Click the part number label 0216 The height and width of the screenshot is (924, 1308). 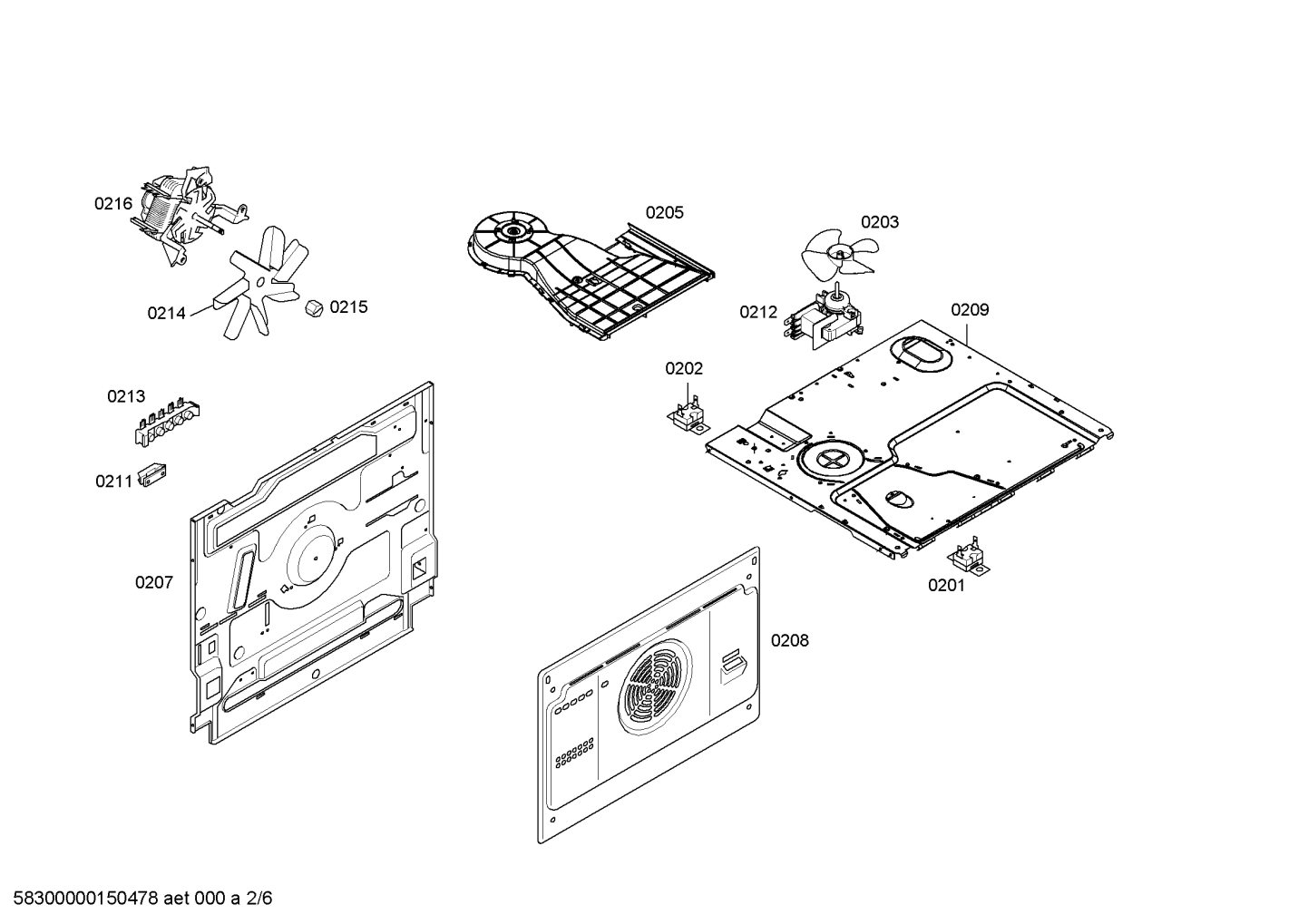pos(113,204)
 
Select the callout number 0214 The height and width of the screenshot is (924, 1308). pos(166,314)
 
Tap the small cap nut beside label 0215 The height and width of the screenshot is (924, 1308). pos(314,308)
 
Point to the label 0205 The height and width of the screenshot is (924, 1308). pos(664,212)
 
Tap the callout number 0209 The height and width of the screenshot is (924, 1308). pos(970,310)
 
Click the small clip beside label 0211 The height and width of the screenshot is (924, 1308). pos(151,474)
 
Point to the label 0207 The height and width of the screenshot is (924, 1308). pos(154,582)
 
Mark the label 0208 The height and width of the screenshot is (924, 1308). pos(790,641)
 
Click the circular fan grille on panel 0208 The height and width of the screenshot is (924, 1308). pos(655,686)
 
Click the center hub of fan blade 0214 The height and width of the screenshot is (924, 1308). pos(260,283)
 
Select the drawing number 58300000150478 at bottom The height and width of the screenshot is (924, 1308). pos(86,899)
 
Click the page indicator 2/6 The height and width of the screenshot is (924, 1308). pos(259,899)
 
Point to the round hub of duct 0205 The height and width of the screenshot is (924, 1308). pos(512,231)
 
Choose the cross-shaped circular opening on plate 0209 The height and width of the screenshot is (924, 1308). pos(831,460)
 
